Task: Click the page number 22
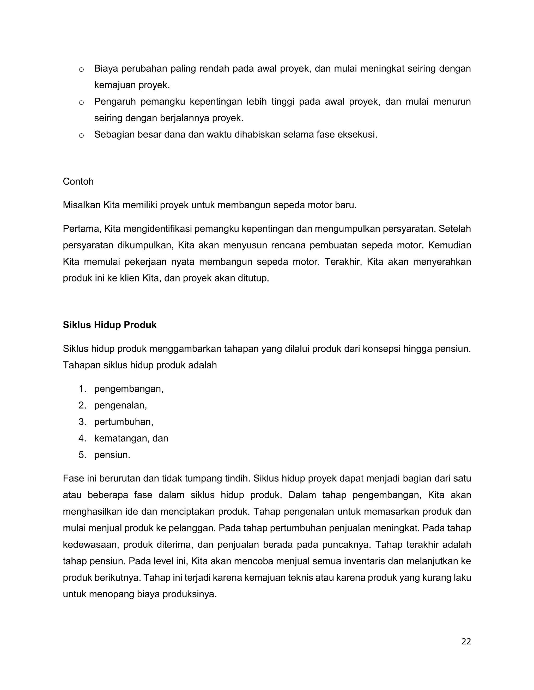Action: (466, 641)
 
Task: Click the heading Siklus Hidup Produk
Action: (110, 325)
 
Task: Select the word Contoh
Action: (78, 182)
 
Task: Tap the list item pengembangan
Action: (129, 389)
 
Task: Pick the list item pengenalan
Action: (120, 405)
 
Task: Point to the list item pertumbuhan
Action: (123, 422)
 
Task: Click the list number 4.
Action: (82, 438)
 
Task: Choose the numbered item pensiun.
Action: (112, 455)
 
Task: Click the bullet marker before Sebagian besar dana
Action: (81, 136)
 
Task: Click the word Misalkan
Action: (82, 205)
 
